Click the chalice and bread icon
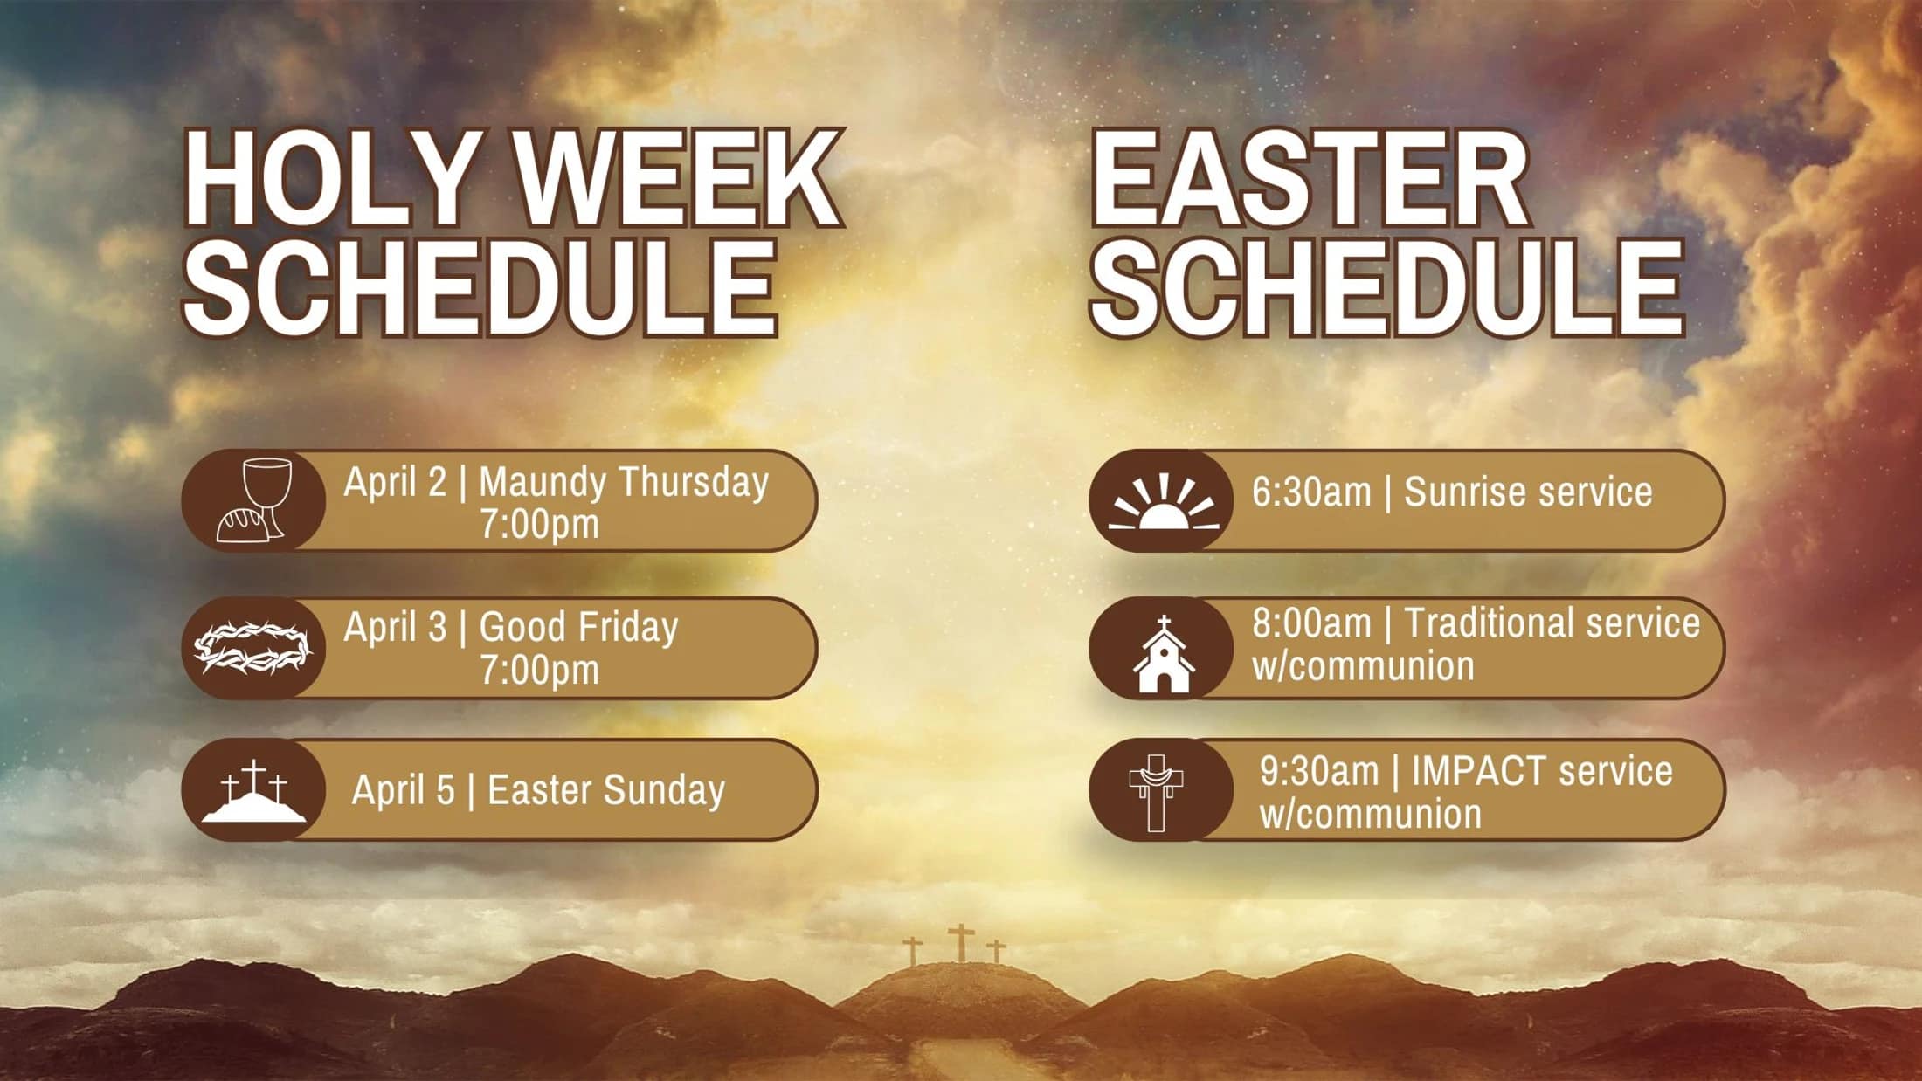(253, 500)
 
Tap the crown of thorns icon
(252, 647)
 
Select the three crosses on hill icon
(253, 791)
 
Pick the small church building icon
(1164, 655)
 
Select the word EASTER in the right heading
(1309, 180)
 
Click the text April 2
(395, 481)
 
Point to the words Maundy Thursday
(624, 481)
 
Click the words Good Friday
(578, 627)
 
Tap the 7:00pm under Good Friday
(540, 670)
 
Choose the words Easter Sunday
(606, 790)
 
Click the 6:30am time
(1311, 492)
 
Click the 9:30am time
(1319, 771)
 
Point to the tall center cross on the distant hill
(961, 943)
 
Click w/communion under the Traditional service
(1363, 666)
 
